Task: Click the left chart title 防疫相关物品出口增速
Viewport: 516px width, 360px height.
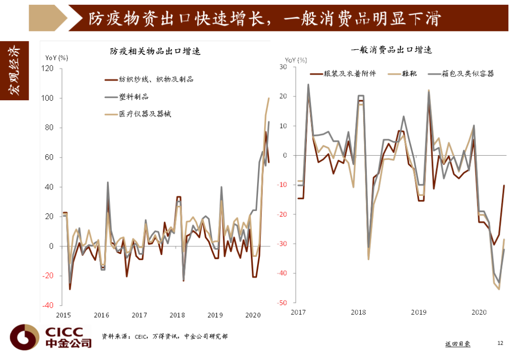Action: tap(155, 51)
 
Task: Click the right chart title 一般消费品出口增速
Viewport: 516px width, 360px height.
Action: tap(391, 50)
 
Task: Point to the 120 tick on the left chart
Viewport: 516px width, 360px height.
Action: tap(47, 68)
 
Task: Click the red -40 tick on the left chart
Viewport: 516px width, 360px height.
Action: tap(48, 305)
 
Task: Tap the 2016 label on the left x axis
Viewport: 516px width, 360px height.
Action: tap(101, 315)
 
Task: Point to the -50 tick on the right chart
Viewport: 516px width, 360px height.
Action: tap(282, 302)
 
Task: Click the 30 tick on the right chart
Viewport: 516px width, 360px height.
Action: tap(283, 67)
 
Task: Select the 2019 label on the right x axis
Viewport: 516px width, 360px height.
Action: tap(419, 312)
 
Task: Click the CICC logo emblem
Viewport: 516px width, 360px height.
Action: tap(24, 337)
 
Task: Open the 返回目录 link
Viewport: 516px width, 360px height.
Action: tap(458, 344)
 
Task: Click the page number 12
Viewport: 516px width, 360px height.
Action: tap(500, 343)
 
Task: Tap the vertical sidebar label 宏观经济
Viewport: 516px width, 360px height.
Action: tap(14, 70)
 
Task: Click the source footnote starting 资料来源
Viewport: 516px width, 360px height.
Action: tap(164, 336)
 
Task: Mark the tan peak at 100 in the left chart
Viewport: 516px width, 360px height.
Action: tap(269, 98)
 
